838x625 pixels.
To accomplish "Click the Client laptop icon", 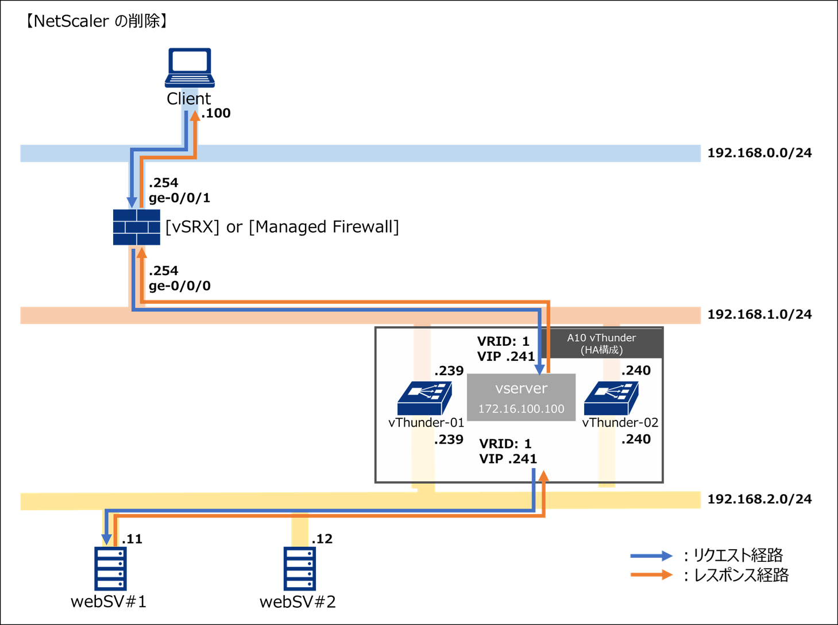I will (190, 68).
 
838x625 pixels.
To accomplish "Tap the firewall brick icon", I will (137, 227).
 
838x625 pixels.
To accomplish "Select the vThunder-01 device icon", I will (424, 398).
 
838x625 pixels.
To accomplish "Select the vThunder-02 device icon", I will (611, 398).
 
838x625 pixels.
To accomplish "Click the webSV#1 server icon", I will (110, 568).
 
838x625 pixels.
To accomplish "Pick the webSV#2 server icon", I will (299, 568).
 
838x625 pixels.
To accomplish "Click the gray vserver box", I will (521, 398).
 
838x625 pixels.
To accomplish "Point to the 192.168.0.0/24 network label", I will (759, 153).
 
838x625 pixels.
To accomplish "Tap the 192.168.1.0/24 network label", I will (759, 314).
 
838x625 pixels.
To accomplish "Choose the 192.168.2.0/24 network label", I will (759, 499).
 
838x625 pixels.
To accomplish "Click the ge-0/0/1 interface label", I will (179, 198).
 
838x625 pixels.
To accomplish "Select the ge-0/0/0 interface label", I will (179, 286).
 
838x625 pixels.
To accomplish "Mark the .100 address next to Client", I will (217, 113).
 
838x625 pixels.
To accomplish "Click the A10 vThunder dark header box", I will (601, 344).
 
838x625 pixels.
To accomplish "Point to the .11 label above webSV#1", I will (132, 539).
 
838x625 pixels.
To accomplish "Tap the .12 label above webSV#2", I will (322, 539).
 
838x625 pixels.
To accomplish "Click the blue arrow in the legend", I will (651, 555).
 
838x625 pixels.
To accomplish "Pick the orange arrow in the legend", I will (651, 574).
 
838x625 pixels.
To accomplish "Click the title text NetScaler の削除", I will (96, 21).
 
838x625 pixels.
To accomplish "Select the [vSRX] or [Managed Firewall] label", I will (282, 227).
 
